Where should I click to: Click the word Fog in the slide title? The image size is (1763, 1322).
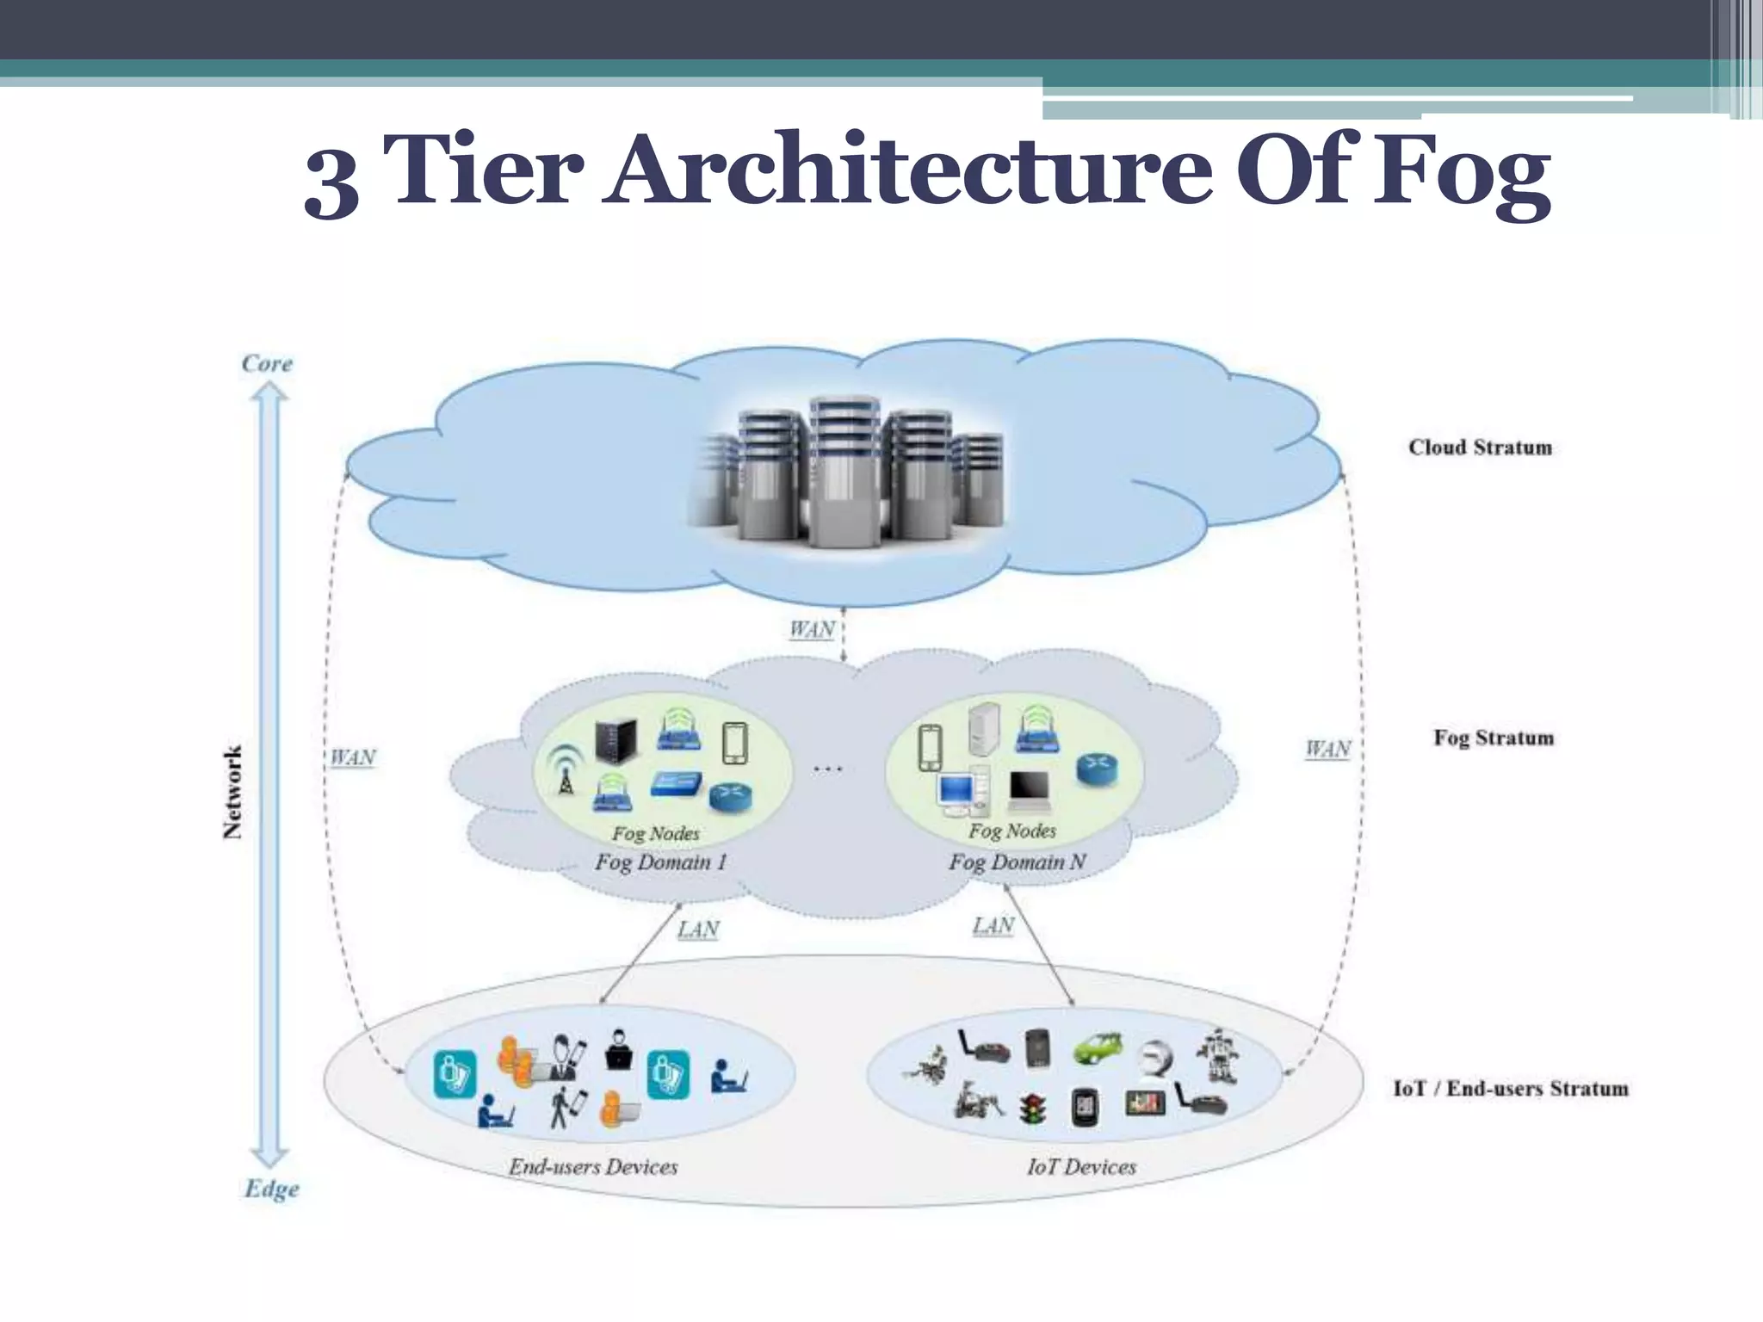1461,172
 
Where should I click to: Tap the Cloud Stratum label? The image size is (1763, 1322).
1480,448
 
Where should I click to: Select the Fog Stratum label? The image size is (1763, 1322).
1494,738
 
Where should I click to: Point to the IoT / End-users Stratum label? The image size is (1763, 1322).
1511,1089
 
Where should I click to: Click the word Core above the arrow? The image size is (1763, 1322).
267,363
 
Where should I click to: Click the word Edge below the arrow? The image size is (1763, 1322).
272,1189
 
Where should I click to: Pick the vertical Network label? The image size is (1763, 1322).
232,792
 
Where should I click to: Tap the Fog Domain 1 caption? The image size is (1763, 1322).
660,862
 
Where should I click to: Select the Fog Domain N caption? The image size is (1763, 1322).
1017,862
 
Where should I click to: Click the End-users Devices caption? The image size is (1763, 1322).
593,1167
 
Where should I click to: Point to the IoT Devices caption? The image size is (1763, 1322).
1081,1167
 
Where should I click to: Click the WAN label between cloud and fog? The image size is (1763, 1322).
812,629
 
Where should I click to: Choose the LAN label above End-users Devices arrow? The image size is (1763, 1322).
698,930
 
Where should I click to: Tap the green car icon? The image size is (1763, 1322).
1098,1047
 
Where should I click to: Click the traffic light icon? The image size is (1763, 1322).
1032,1109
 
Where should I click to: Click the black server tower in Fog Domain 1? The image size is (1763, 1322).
616,741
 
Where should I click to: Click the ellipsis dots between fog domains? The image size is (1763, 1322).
828,769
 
